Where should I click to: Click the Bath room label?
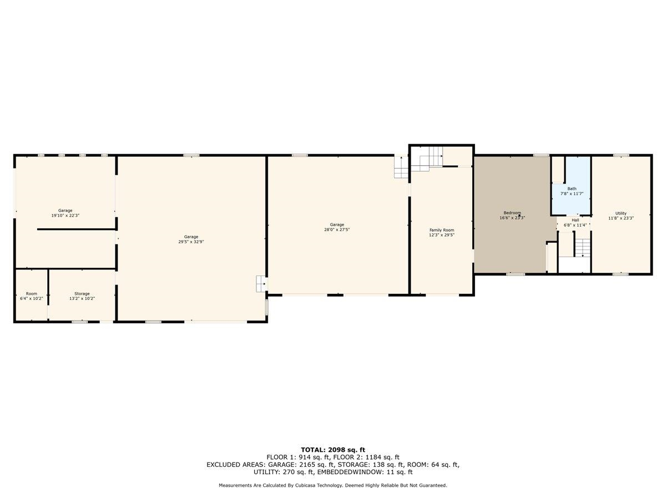[572, 189]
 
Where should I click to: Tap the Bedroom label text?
[512, 213]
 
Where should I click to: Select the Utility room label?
[620, 213]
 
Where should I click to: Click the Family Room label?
[442, 230]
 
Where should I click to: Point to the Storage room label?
[82, 294]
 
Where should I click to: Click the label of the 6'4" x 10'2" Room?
[32, 294]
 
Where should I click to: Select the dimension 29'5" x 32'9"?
[191, 242]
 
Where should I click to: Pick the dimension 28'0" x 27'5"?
[337, 230]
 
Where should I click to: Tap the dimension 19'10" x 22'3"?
[65, 216]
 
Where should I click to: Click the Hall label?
[575, 220]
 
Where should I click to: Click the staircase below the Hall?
[582, 248]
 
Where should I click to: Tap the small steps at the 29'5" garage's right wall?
[261, 283]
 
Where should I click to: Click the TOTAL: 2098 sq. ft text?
[333, 450]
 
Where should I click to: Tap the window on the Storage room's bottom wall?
[79, 322]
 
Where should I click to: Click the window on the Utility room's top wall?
[620, 155]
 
